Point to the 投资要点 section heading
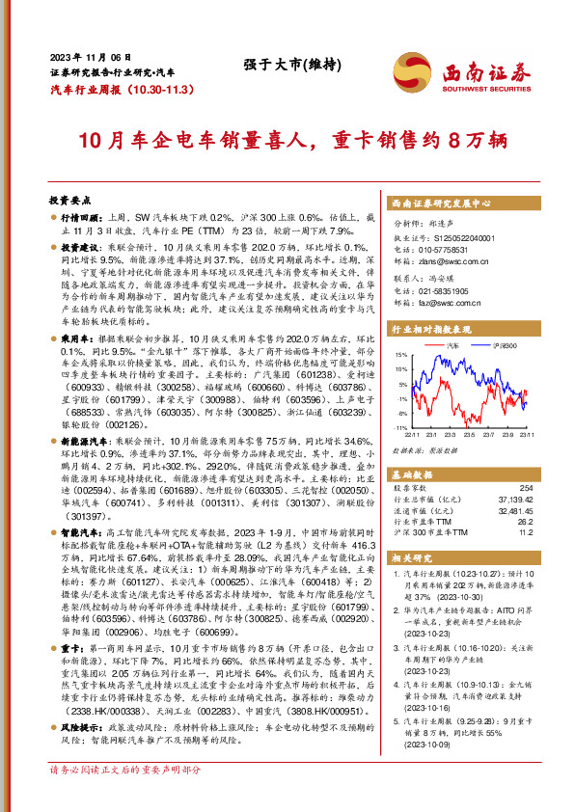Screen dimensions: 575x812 point(69,201)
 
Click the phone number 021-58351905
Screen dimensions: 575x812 point(448,291)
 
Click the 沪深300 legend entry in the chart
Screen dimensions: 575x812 point(500,345)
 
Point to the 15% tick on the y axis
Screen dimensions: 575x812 point(397,355)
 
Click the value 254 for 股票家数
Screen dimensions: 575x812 point(525,489)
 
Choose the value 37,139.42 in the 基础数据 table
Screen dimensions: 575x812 point(517,500)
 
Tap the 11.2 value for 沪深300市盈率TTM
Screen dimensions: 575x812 point(524,531)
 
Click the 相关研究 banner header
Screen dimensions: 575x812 point(413,558)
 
